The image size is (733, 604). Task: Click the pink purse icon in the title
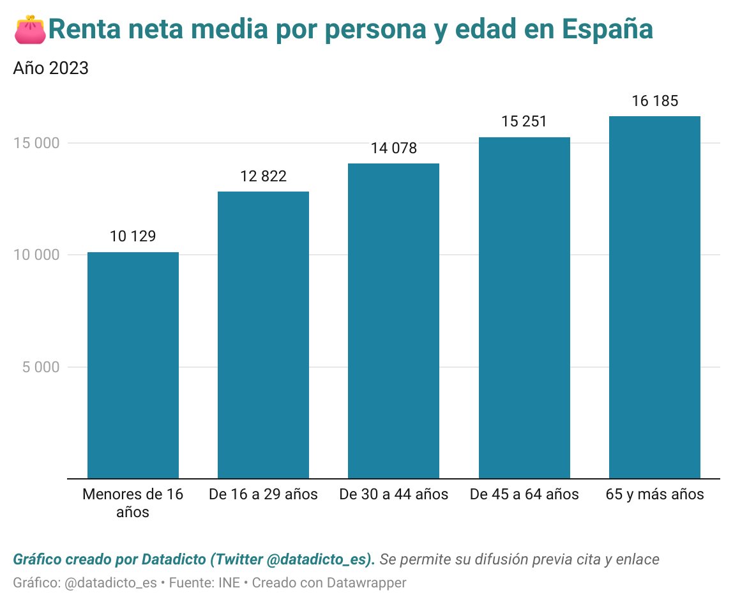point(29,30)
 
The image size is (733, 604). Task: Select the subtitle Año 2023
point(50,68)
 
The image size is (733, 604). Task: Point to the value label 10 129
point(133,236)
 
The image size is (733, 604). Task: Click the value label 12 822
point(263,176)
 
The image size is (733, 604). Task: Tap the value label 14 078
point(393,148)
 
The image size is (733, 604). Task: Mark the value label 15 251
point(524,121)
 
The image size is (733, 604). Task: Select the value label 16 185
point(654,101)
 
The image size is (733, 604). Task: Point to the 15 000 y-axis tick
point(36,143)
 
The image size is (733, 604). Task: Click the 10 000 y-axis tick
point(36,255)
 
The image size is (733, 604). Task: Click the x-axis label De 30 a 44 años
point(393,494)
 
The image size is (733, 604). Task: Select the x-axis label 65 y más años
point(654,494)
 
